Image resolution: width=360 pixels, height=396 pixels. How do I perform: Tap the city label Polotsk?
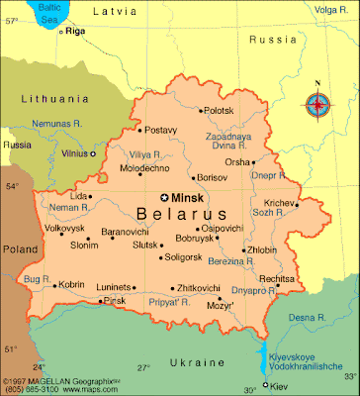click(222, 112)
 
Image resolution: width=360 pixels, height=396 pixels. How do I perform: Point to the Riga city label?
click(76, 32)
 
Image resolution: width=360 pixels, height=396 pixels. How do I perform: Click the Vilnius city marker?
click(93, 153)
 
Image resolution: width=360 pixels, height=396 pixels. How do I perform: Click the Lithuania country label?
click(53, 99)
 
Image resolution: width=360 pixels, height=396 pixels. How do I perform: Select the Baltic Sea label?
click(43, 12)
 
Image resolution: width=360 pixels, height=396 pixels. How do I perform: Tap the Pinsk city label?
click(115, 300)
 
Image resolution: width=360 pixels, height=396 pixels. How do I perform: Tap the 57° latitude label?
click(11, 21)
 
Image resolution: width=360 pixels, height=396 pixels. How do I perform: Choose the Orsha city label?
click(238, 161)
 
